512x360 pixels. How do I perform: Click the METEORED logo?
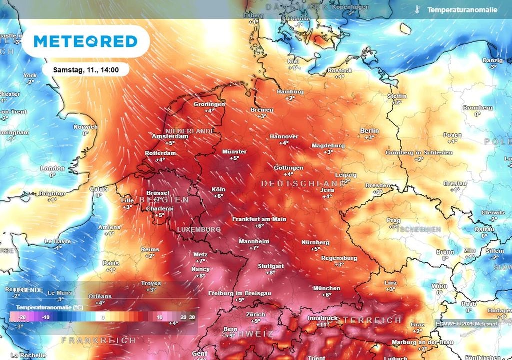point(85,41)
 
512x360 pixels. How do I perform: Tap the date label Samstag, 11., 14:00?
point(86,70)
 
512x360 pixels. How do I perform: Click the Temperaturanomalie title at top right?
point(462,10)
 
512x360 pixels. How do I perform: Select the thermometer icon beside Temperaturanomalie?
point(416,10)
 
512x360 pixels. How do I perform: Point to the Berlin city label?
point(369,131)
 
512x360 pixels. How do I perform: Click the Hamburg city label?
point(290,92)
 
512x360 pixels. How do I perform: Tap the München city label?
point(326,288)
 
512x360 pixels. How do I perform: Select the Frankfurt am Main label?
point(259,219)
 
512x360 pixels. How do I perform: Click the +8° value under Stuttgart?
point(270,273)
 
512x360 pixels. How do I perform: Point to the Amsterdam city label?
point(170,136)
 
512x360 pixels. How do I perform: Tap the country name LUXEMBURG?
point(199,229)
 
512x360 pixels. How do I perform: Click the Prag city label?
point(394,220)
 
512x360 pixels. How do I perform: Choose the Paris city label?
point(111,263)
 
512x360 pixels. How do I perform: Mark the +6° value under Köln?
point(218,196)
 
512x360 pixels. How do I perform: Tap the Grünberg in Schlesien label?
point(419,152)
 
